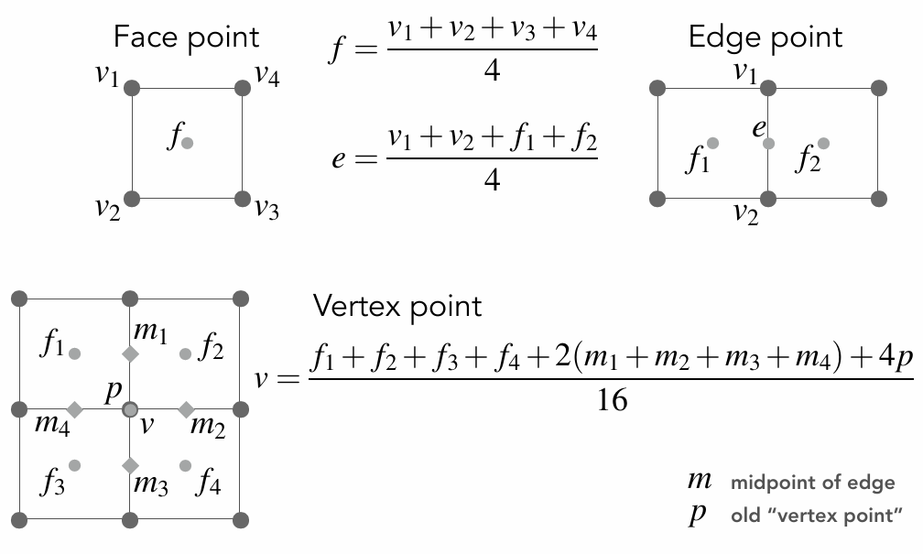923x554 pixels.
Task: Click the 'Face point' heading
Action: point(186,38)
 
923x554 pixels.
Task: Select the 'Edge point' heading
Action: point(765,38)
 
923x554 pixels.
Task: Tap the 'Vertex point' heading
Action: point(397,306)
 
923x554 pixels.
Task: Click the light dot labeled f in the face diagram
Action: point(188,143)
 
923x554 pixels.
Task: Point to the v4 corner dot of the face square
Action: point(243,88)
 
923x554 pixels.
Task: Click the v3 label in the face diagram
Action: point(266,209)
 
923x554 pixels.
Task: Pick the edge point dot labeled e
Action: point(768,143)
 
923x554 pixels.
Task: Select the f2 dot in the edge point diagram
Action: point(824,143)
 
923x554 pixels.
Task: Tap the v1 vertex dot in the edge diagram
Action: point(768,88)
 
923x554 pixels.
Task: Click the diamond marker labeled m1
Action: point(130,353)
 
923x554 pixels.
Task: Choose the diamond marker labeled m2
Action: point(186,409)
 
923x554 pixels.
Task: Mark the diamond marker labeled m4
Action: point(75,409)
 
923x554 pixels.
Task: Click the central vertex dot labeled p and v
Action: point(130,409)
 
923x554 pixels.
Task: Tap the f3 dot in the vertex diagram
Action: point(75,465)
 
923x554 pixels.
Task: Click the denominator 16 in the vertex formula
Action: point(612,400)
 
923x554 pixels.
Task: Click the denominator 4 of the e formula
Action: point(492,179)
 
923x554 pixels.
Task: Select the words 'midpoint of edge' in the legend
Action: point(813,483)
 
